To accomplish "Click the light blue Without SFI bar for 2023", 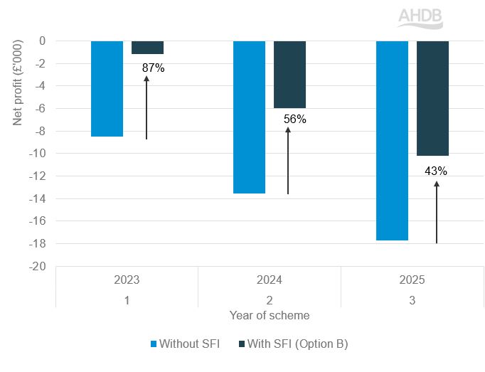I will [107, 88].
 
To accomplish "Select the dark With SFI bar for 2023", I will [147, 48].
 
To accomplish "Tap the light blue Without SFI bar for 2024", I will [250, 117].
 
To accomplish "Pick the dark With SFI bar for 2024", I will [289, 74].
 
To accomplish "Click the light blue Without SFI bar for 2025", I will [392, 140].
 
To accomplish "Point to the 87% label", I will [153, 68].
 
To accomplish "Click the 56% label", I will [294, 119].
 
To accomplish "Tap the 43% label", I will [436, 171].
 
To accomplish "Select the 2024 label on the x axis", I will [270, 280].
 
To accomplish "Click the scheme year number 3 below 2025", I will [412, 300].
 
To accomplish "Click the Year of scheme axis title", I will [270, 315].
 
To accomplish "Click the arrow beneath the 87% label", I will [146, 107].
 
